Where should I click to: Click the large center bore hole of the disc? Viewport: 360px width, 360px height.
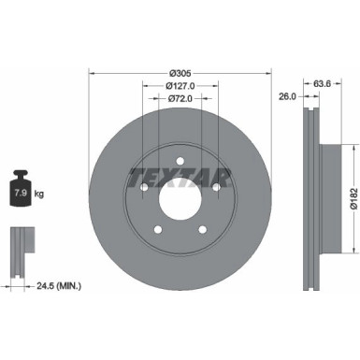[x=180, y=198]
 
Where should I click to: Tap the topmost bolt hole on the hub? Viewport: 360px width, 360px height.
[x=180, y=160]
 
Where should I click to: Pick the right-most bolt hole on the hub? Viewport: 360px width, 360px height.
[x=216, y=187]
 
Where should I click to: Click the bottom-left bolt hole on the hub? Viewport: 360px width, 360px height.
[x=157, y=230]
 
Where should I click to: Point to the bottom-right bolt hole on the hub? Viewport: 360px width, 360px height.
[x=202, y=230]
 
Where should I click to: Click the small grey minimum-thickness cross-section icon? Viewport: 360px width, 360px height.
[x=18, y=248]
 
